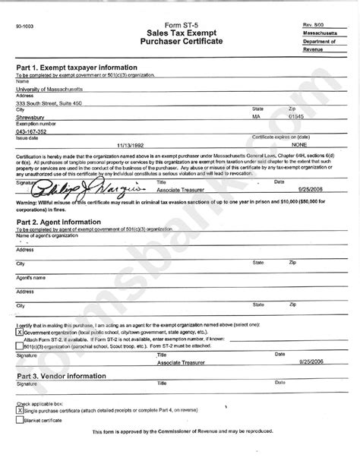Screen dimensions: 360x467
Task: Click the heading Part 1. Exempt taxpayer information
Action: click(x=74, y=68)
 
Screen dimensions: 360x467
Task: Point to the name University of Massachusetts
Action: click(x=50, y=88)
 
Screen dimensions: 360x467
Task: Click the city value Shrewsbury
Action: click(x=33, y=118)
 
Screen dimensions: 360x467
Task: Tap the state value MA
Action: click(x=257, y=118)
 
